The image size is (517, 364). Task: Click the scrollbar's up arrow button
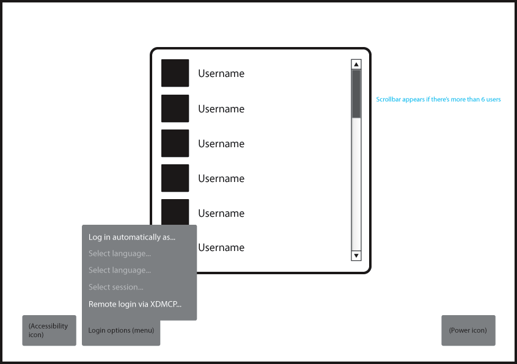click(356, 64)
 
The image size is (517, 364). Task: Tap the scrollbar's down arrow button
click(356, 256)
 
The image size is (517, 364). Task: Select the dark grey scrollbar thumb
click(356, 94)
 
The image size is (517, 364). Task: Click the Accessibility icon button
click(49, 330)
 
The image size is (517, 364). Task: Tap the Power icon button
click(468, 330)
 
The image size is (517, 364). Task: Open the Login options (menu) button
click(121, 330)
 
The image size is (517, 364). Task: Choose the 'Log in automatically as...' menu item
click(132, 237)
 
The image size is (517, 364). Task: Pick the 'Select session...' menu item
click(116, 287)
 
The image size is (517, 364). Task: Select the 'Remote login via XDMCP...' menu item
click(135, 304)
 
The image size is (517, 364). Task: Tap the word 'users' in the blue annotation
click(494, 100)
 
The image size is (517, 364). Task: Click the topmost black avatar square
click(175, 73)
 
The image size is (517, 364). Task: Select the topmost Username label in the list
click(221, 73)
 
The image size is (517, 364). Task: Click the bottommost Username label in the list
click(221, 248)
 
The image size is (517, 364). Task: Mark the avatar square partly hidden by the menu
click(175, 212)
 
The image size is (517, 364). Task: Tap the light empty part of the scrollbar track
click(356, 184)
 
